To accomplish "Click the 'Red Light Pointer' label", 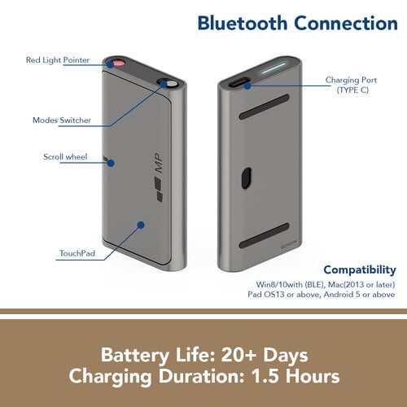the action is tap(58, 60).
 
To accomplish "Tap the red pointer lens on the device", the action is tap(119, 63).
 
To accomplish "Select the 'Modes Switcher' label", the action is tap(62, 120).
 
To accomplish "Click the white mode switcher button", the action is tap(171, 83).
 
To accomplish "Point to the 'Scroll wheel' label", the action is tap(65, 157).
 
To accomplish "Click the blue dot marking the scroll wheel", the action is tap(111, 163).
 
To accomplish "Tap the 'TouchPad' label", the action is tap(77, 253).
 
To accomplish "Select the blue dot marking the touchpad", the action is tap(141, 225).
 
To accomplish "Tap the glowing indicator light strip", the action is tap(274, 68).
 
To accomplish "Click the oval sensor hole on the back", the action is tap(246, 178).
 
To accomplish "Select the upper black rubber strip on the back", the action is tap(264, 107).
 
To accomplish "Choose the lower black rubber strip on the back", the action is tap(264, 235).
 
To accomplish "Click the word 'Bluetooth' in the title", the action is tap(243, 23).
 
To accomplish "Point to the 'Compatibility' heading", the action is tap(360, 270).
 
